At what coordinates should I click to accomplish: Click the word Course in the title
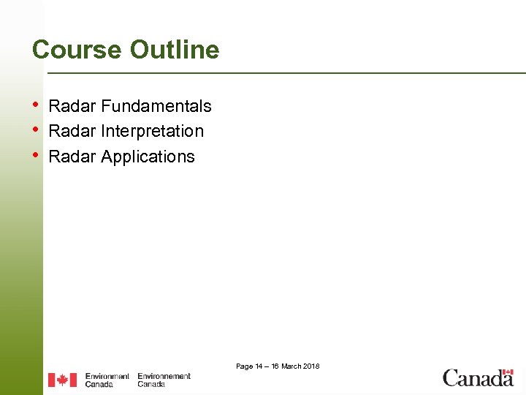coord(77,50)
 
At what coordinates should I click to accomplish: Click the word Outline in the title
coord(175,50)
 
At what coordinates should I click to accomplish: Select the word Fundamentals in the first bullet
coord(156,106)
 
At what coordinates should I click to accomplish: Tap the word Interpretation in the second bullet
coord(152,132)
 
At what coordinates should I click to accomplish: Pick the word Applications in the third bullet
coord(148,157)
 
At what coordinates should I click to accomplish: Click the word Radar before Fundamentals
coord(72,106)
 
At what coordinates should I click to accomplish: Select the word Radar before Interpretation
coord(72,132)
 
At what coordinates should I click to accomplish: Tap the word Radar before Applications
coord(72,157)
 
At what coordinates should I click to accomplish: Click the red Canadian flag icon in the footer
coord(62,380)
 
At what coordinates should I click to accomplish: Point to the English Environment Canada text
coord(107,380)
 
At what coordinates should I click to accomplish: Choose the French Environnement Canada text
coord(164,380)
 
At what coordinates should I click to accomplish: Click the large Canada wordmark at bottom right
coord(478,379)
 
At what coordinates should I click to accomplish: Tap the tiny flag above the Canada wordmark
coord(507,371)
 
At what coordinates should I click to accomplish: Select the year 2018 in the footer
coord(310,366)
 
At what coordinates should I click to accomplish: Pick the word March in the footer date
coord(290,366)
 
